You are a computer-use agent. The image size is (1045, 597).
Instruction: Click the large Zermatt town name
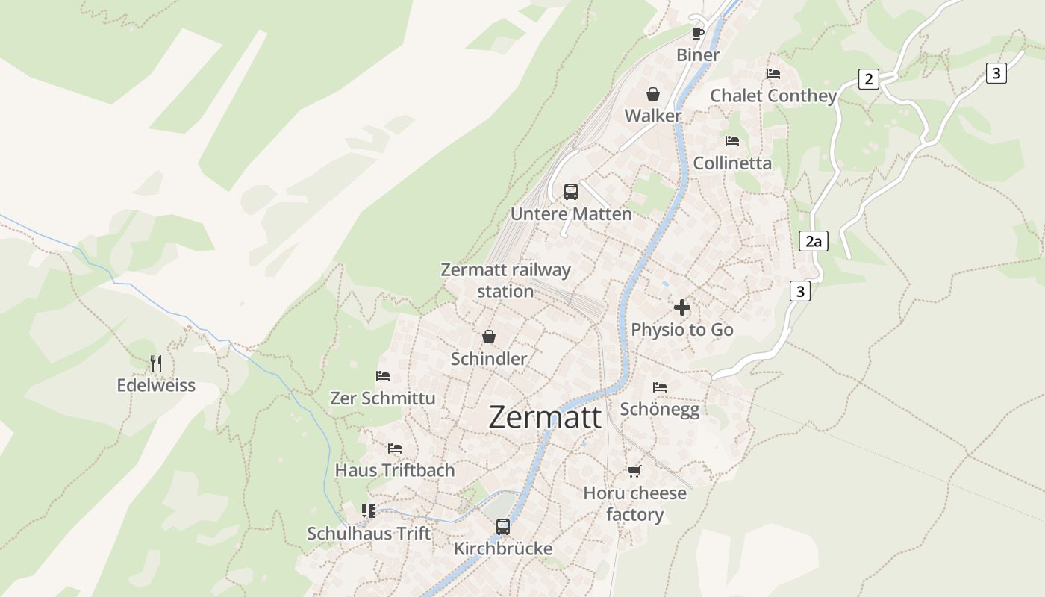tap(544, 417)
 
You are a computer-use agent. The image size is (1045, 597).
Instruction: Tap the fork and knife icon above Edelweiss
tap(156, 363)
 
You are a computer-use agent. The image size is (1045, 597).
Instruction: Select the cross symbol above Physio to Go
tap(681, 307)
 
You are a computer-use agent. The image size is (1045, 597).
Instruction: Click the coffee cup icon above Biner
tap(698, 33)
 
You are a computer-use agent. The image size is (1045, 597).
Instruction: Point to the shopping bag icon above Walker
tap(653, 94)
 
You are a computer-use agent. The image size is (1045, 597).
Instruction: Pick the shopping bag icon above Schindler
tap(489, 337)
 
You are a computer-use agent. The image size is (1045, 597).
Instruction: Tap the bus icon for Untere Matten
tap(571, 192)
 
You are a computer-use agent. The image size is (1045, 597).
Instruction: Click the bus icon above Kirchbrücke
tap(503, 527)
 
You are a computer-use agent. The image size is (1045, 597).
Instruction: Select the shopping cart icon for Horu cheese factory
tap(634, 471)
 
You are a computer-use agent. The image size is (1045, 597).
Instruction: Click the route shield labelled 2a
tap(813, 241)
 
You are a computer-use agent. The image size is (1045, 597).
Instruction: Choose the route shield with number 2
tap(868, 78)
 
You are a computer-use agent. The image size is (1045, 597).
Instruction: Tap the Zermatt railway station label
tap(505, 281)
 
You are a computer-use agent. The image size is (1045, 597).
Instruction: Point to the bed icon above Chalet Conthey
tap(773, 74)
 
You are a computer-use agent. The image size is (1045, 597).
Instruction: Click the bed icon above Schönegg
tap(660, 387)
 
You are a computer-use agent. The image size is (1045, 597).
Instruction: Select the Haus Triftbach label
tap(395, 470)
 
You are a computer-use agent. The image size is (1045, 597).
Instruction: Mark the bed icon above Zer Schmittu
tap(383, 376)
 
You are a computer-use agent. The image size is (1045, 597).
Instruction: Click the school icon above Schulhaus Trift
tap(369, 511)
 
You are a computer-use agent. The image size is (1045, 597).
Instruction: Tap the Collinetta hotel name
tap(732, 163)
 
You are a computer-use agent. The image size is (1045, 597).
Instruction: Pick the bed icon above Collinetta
tap(732, 141)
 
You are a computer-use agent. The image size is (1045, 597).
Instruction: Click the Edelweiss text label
tap(156, 385)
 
